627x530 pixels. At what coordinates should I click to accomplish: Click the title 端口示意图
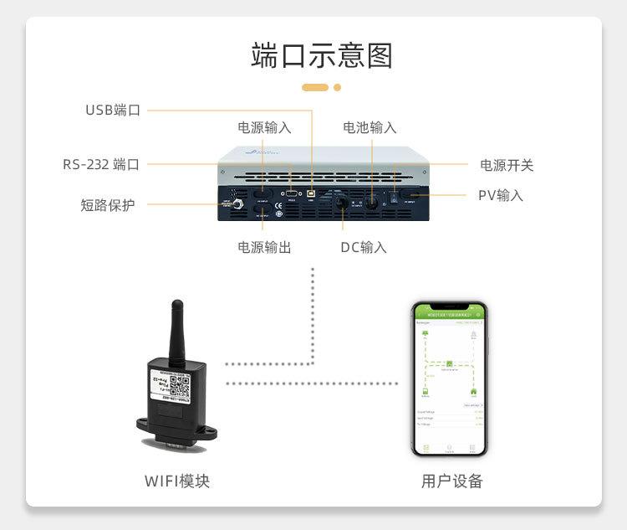[x=321, y=55]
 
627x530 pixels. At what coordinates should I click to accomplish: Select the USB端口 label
[x=113, y=110]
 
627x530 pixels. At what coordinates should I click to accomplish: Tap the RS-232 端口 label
[x=100, y=164]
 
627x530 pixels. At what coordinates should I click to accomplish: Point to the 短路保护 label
[x=107, y=204]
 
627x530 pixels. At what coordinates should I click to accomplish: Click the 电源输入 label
[x=264, y=128]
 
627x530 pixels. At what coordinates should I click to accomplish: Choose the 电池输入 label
[x=370, y=128]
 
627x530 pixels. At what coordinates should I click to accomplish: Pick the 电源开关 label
[x=506, y=165]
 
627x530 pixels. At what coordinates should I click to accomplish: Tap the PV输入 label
[x=500, y=195]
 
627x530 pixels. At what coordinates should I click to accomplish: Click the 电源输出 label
[x=264, y=248]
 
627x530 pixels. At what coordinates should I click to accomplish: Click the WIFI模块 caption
[x=177, y=481]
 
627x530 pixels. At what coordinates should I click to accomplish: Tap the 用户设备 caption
[x=451, y=481]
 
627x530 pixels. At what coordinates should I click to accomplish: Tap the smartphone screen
[x=449, y=382]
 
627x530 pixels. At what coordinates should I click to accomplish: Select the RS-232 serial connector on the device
[x=291, y=193]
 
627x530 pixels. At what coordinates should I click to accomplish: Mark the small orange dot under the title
[x=338, y=87]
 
